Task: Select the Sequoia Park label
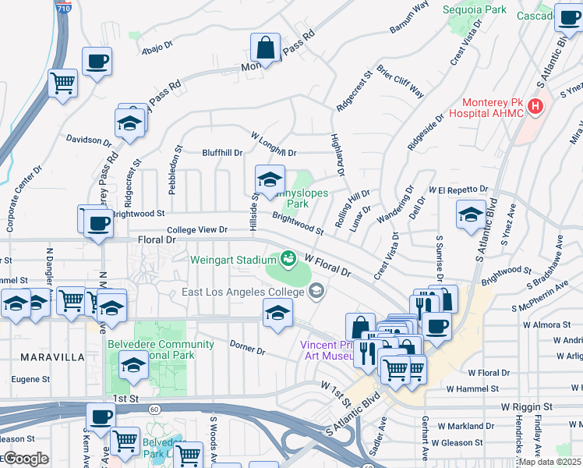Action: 475,10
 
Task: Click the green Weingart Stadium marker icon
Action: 288,257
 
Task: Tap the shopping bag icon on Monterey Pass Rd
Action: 266,48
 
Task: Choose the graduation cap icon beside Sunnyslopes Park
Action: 270,179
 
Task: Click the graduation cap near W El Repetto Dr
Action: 471,214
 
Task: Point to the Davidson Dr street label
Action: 89,140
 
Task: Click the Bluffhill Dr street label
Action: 222,153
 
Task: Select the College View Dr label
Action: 197,230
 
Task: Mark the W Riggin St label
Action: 526,407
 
